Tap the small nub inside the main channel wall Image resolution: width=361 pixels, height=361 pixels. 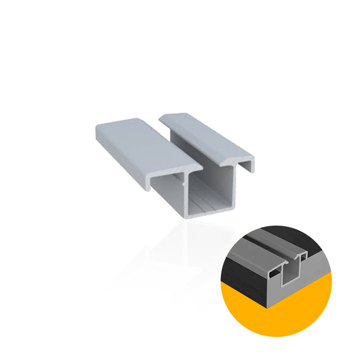pyautogui.click(x=183, y=184)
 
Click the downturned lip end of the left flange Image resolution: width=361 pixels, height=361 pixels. pyautogui.click(x=148, y=187)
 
